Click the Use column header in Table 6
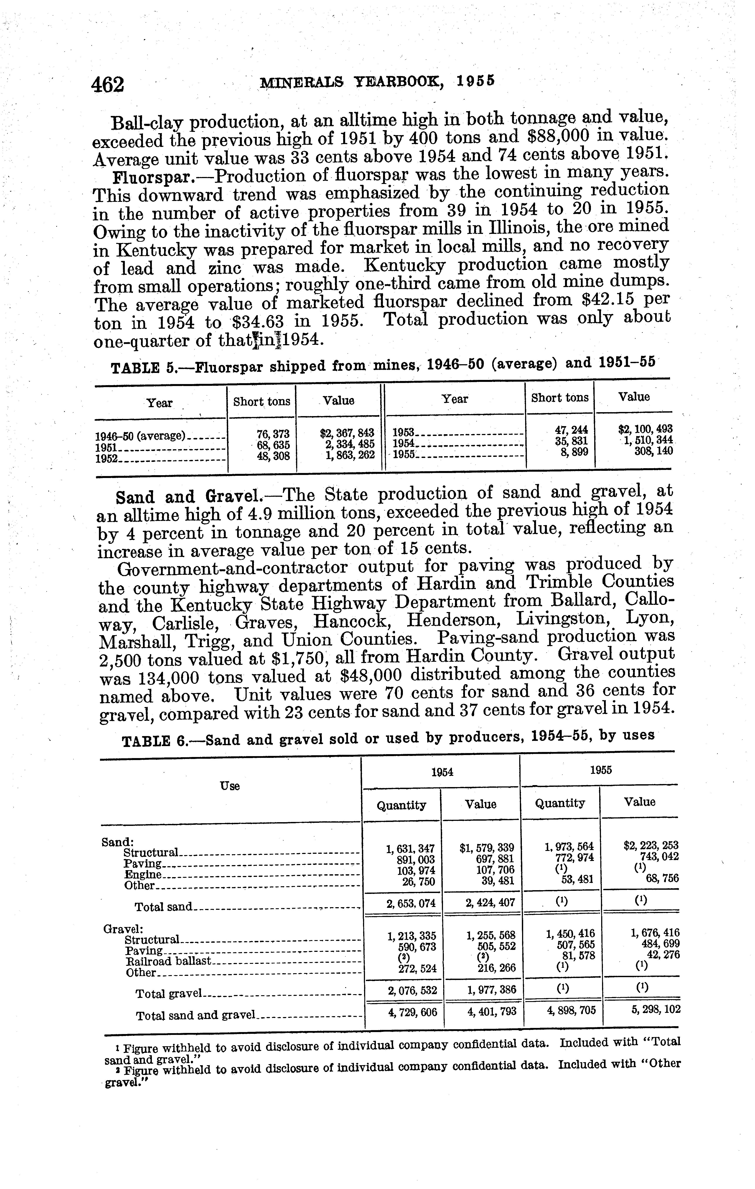229,786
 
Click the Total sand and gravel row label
195,1016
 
